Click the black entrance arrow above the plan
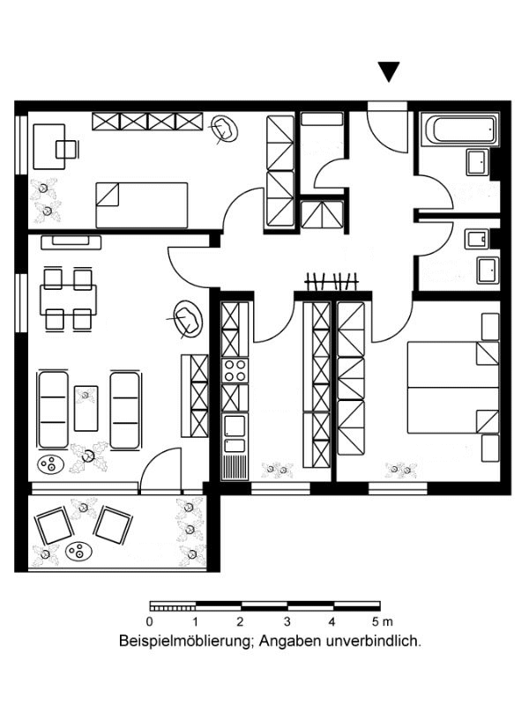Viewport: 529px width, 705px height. [x=389, y=71]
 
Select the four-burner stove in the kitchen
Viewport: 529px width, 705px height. [x=235, y=370]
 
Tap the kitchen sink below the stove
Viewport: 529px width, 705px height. [x=235, y=434]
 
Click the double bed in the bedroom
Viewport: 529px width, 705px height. [x=453, y=387]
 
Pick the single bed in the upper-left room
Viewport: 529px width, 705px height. [x=142, y=205]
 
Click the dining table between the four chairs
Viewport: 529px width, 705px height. [x=68, y=300]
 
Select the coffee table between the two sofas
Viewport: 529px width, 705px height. [x=86, y=408]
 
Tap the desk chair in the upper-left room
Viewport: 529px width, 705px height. [x=68, y=149]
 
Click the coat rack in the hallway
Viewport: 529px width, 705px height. [x=332, y=282]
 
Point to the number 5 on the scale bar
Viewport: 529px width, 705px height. [x=376, y=622]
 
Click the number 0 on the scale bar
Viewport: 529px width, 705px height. [x=150, y=622]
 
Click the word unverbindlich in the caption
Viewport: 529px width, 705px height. [x=376, y=641]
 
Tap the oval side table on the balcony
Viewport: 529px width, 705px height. [x=78, y=551]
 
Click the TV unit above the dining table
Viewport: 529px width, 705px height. [x=71, y=242]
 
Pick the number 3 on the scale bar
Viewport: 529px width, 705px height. [x=287, y=622]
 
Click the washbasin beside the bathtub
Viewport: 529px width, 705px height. [x=477, y=161]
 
